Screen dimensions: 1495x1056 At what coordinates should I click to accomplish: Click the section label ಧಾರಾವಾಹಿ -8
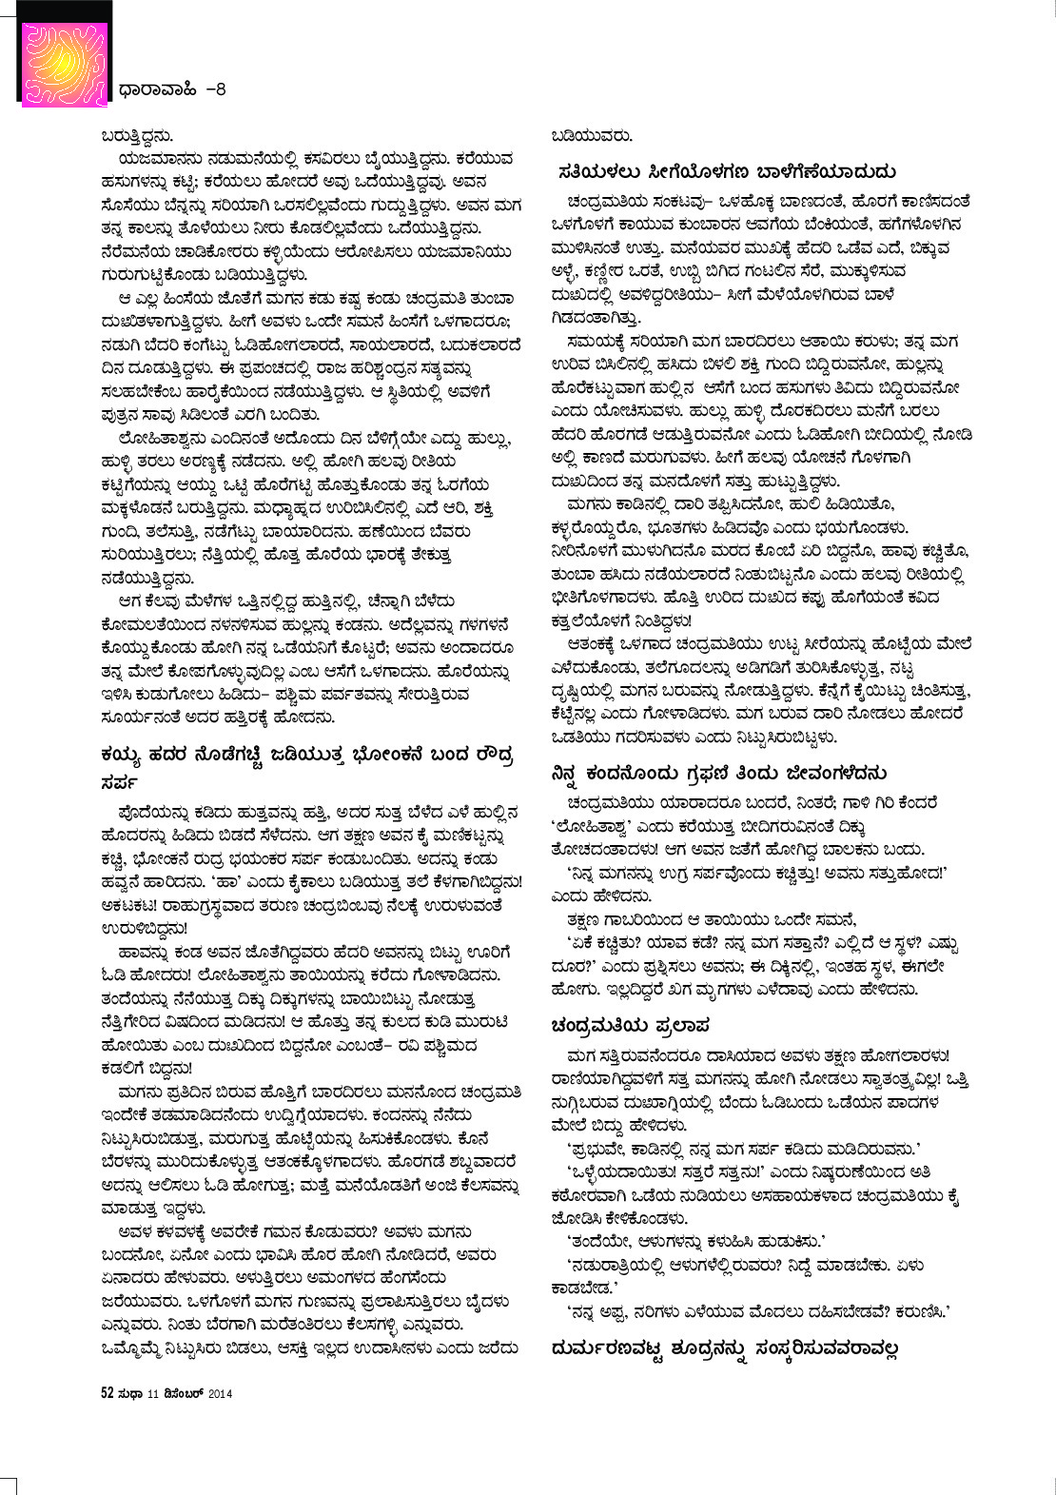172,90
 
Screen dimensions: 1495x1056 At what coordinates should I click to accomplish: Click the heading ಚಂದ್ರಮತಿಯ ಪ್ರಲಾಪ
630,1025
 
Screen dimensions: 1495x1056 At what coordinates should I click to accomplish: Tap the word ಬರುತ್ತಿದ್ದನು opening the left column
137,135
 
